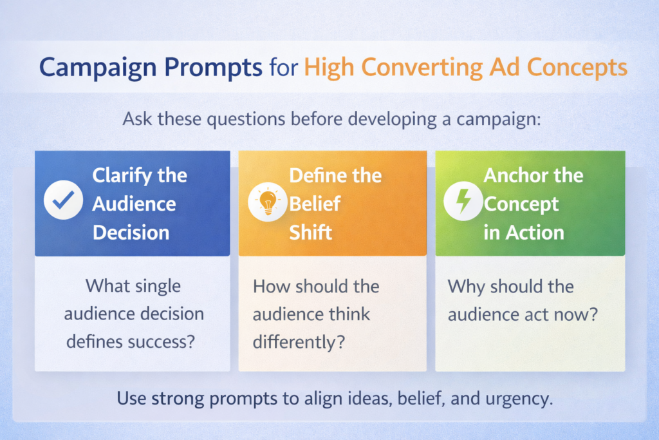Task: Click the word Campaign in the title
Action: click(84, 67)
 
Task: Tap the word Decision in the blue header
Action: click(131, 232)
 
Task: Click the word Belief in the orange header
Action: click(315, 204)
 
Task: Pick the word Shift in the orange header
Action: click(311, 232)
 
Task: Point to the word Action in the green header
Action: click(534, 232)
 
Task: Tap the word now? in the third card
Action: click(577, 314)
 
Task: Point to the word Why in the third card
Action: click(465, 285)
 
